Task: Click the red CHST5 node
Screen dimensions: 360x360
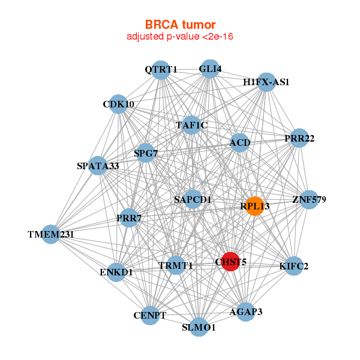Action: (x=230, y=262)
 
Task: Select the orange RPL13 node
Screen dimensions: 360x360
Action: (x=254, y=206)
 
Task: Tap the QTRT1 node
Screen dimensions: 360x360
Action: (x=160, y=70)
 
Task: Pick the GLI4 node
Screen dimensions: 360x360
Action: (x=209, y=69)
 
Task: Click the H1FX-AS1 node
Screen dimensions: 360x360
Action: (x=266, y=82)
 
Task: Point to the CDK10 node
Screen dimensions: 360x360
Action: (x=119, y=104)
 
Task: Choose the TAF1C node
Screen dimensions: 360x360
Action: (x=191, y=125)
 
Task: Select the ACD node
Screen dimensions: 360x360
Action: (x=239, y=142)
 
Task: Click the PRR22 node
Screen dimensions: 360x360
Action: (x=299, y=138)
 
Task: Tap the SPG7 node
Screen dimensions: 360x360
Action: (x=145, y=153)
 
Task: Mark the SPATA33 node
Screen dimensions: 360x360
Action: (x=98, y=166)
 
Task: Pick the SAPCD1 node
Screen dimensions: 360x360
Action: (x=193, y=199)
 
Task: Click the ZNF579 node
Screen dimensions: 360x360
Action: (x=308, y=199)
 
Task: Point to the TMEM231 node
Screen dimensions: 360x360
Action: (x=51, y=234)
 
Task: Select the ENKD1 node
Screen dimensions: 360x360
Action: (x=116, y=272)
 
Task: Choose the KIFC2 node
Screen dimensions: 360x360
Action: (x=293, y=266)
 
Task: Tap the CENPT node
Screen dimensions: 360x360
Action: (x=149, y=315)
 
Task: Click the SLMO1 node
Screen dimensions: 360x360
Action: (x=199, y=327)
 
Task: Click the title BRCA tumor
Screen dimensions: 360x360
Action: (x=180, y=25)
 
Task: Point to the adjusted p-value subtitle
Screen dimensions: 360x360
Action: (x=180, y=37)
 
